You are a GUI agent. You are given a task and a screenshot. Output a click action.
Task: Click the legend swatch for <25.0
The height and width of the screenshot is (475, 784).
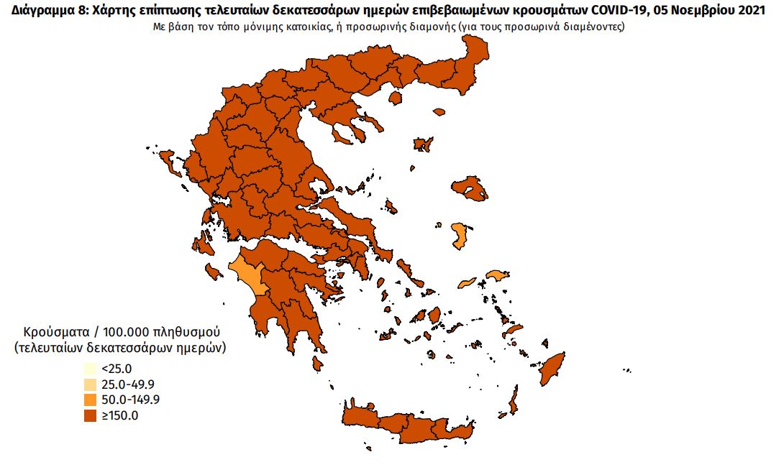point(90,369)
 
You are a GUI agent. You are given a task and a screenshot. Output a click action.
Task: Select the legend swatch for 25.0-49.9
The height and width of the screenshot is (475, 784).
point(90,384)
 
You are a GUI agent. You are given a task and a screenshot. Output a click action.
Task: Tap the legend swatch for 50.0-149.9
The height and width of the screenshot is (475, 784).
point(90,400)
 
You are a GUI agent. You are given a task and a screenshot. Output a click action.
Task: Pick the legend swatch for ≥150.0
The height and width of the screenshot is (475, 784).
point(90,415)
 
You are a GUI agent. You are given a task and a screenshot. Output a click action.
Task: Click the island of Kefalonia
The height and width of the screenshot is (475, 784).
point(203,245)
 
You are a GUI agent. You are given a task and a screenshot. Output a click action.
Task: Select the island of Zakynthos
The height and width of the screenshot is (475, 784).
point(214,272)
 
